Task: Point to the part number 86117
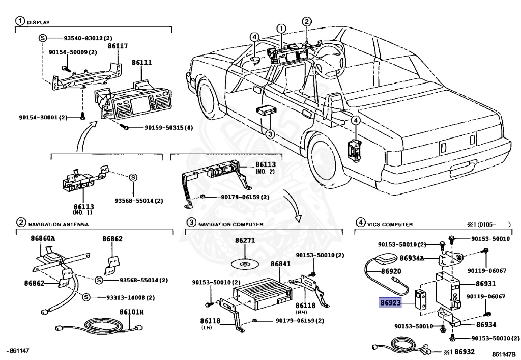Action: [x=118, y=46]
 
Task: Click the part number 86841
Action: [x=280, y=264]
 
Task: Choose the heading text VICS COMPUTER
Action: [x=391, y=224]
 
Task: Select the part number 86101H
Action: [x=132, y=312]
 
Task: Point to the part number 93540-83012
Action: [x=84, y=38]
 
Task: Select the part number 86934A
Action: [x=412, y=258]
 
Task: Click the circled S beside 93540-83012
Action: [x=43, y=38]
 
